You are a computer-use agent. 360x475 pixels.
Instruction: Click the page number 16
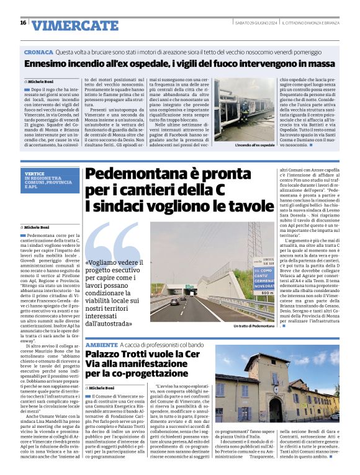23,23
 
